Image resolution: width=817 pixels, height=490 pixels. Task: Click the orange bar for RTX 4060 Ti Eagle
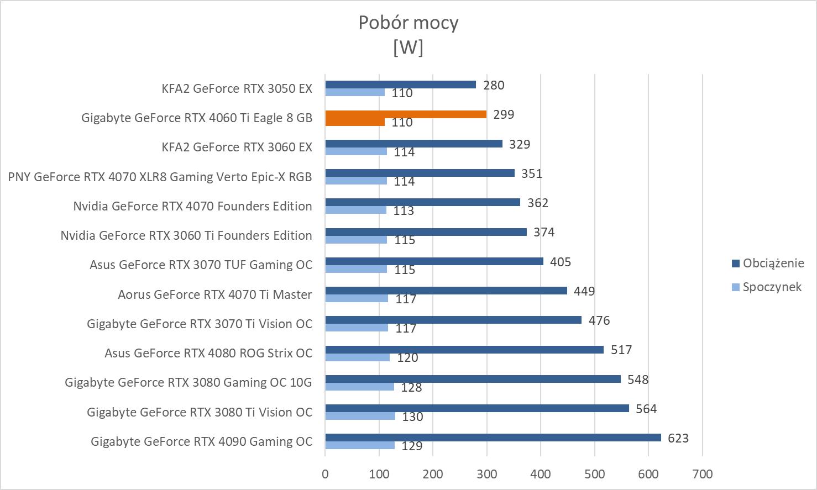[406, 114]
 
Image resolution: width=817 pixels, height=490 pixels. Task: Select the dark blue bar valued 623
[493, 438]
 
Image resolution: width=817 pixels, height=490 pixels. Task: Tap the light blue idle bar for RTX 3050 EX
[355, 92]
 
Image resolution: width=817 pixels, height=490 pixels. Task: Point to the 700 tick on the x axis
[702, 474]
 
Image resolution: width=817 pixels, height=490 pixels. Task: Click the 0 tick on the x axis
[325, 474]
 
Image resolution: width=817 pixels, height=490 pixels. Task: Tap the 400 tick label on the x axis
[541, 474]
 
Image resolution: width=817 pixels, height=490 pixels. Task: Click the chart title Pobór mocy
[408, 23]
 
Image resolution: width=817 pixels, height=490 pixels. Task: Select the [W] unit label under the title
[408, 48]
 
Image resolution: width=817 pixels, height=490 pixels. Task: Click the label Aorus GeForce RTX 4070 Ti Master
[214, 294]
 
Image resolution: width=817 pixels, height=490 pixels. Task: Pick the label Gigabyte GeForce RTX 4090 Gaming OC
[201, 441]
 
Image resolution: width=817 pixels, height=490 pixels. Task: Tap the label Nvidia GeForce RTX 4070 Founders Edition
[192, 206]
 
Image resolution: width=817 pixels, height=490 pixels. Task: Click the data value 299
[503, 114]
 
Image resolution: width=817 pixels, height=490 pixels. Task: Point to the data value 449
[584, 291]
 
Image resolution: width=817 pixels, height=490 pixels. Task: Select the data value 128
[411, 387]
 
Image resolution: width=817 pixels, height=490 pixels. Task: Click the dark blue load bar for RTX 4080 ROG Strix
[464, 350]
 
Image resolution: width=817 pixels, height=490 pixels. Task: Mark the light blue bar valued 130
[360, 416]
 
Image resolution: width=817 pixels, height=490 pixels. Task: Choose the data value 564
[646, 409]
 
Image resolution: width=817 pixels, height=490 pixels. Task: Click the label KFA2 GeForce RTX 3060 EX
[237, 147]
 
